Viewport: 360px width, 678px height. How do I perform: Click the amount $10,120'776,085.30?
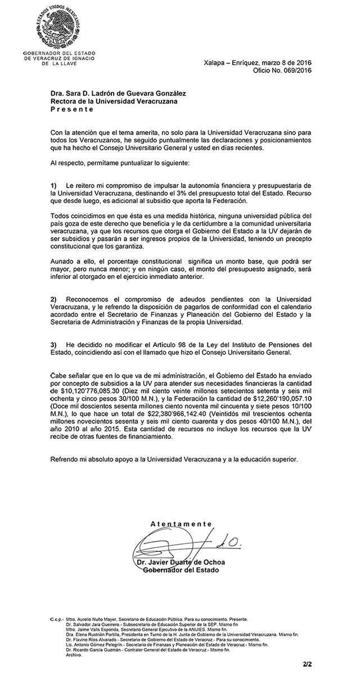(87, 389)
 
